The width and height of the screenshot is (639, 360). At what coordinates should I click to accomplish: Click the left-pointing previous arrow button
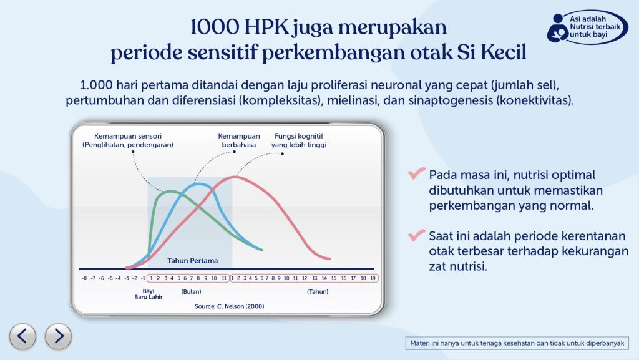tap(22, 336)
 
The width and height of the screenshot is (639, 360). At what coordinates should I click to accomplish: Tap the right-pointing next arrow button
tap(59, 336)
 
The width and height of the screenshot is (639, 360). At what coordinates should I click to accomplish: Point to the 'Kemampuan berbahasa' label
tap(238, 140)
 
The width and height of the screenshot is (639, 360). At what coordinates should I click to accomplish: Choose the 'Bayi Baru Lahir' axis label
tap(149, 294)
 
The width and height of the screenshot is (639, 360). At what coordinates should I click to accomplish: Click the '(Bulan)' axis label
tap(191, 291)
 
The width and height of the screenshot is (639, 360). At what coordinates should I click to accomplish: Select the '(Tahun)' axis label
tap(318, 291)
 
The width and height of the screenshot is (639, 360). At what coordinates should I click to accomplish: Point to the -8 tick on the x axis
tap(84, 278)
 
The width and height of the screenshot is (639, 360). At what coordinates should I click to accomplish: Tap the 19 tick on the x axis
tap(372, 278)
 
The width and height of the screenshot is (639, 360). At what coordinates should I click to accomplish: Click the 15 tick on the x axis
tap(333, 278)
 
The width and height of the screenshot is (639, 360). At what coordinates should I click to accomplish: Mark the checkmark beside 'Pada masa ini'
tap(416, 175)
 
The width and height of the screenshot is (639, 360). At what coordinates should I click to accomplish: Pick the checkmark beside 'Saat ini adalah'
tap(416, 236)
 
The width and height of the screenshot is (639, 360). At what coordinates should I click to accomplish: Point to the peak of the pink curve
tap(235, 177)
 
